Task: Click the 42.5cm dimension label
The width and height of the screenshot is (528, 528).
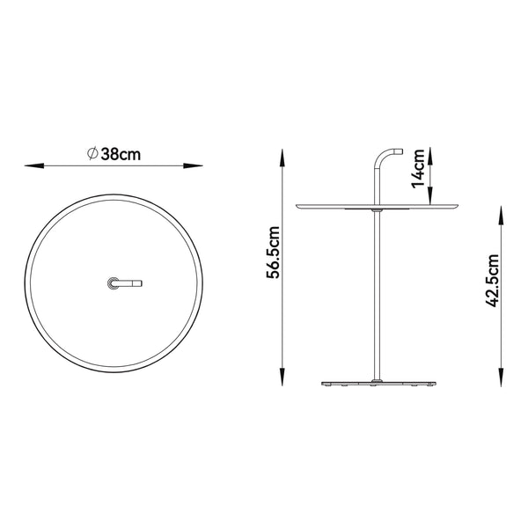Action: coord(494,280)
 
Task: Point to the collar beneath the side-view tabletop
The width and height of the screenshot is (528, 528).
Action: coord(377,211)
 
